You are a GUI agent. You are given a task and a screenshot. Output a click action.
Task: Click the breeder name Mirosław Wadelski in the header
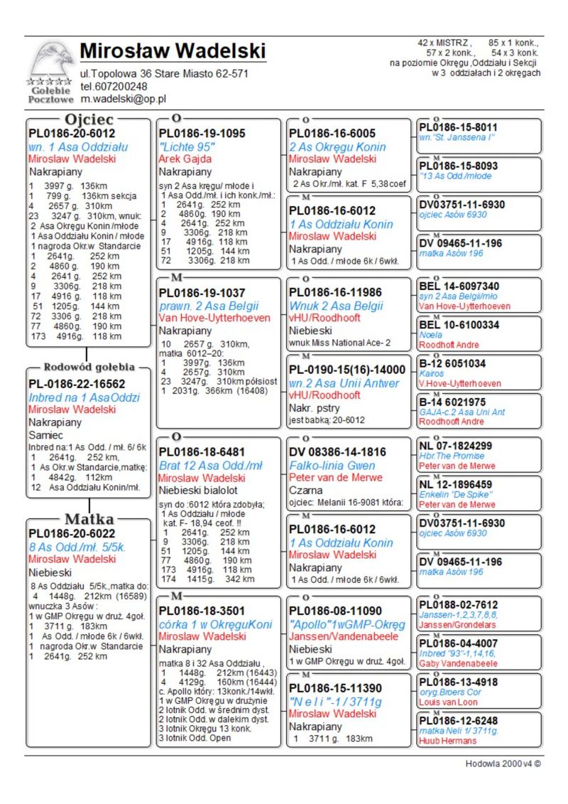pyautogui.click(x=173, y=51)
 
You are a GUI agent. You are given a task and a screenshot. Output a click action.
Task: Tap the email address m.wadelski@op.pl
pyautogui.click(x=123, y=99)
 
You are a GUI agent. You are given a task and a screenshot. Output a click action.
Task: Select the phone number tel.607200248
pyautogui.click(x=114, y=86)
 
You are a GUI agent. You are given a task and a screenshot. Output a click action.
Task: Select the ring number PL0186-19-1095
pyautogui.click(x=202, y=134)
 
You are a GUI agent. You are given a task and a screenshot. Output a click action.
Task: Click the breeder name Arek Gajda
pyautogui.click(x=187, y=159)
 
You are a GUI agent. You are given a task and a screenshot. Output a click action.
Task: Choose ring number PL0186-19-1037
pyautogui.click(x=202, y=293)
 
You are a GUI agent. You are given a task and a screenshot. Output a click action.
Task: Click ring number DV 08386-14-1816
pyautogui.click(x=337, y=452)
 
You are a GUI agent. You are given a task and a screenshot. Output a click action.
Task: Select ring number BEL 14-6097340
pyautogui.click(x=459, y=286)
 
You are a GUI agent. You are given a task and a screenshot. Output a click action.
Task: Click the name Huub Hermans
pyautogui.click(x=447, y=741)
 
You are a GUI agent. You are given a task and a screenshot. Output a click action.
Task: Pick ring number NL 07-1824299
pyautogui.click(x=456, y=446)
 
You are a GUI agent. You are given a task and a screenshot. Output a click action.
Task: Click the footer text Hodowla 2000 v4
pyautogui.click(x=503, y=764)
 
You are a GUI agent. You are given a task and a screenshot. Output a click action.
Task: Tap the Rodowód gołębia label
pyautogui.click(x=89, y=368)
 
